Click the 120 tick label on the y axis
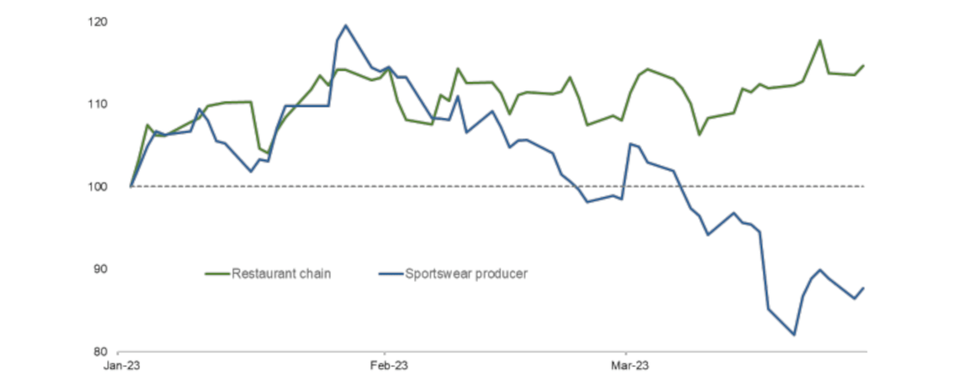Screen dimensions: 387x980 click(98, 21)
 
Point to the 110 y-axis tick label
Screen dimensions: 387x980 click(98, 104)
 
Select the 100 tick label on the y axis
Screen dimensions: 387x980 click(98, 187)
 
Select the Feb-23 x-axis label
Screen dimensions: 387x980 click(388, 366)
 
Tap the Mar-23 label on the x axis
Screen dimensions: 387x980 click(630, 366)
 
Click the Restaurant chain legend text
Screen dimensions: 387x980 click(281, 273)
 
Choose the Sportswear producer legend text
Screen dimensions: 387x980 click(465, 273)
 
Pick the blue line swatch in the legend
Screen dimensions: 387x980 click(390, 274)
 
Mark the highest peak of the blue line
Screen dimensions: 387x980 click(345, 25)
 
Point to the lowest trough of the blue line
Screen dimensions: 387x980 click(794, 334)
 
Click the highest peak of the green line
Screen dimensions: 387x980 click(820, 41)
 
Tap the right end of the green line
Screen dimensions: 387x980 click(864, 66)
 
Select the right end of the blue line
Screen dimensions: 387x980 click(864, 288)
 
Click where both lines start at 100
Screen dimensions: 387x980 click(132, 186)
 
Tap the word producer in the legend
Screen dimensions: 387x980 click(500, 274)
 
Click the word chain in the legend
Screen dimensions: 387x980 click(315, 273)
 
